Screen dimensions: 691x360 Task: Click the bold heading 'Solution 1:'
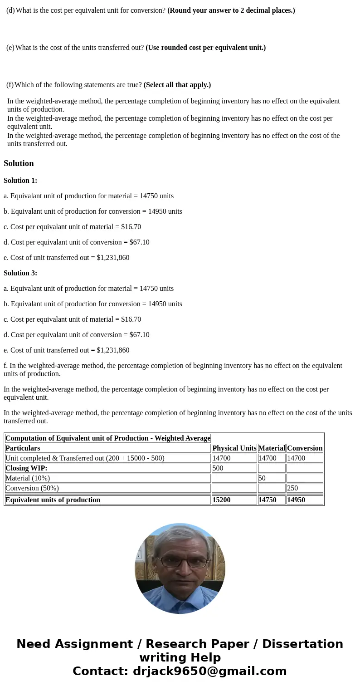[x=20, y=181]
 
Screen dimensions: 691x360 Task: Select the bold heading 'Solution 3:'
[x=20, y=273]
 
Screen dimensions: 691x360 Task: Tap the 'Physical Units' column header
[x=234, y=448]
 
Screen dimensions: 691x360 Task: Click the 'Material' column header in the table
[x=272, y=448]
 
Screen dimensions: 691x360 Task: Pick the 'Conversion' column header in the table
[x=305, y=448]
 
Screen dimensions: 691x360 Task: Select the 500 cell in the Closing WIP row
[x=218, y=468]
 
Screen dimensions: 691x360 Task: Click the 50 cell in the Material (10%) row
[x=262, y=478]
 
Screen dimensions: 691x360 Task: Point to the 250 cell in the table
[x=292, y=488]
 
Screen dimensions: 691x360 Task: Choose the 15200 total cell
[x=221, y=500]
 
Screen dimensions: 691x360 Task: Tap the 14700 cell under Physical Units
[x=221, y=458]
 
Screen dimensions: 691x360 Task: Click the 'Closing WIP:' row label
[x=26, y=468]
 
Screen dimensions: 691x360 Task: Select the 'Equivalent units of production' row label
[x=53, y=500]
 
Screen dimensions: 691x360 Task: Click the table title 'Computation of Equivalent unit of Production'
[x=107, y=438]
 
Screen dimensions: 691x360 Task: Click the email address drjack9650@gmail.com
[x=209, y=671]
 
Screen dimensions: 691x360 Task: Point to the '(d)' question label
[x=10, y=10]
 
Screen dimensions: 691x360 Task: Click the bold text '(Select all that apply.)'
[x=177, y=85]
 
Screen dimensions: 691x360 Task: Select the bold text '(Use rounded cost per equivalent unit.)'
[x=205, y=48]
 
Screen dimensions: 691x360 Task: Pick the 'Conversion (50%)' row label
[x=32, y=488]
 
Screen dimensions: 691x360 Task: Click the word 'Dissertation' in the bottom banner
[x=302, y=644]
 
